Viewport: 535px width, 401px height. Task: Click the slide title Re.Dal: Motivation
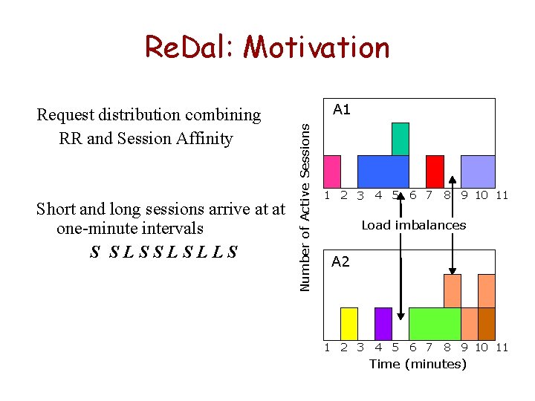(267, 48)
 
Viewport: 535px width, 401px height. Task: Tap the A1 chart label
(342, 110)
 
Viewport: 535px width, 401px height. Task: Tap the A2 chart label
(340, 261)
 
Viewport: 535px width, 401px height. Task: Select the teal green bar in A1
(401, 139)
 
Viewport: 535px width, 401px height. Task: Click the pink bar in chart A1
(332, 171)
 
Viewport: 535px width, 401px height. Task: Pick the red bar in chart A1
(435, 171)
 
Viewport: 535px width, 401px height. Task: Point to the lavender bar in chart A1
(478, 171)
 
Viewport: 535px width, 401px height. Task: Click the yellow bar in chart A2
(349, 323)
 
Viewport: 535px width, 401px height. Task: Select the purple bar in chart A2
(383, 323)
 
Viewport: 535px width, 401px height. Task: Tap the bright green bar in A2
(435, 323)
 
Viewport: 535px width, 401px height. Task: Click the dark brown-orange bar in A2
(487, 323)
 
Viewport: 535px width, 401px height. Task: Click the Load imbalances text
(414, 225)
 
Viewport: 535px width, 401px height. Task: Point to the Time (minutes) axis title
(418, 364)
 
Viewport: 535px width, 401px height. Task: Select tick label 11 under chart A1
(502, 196)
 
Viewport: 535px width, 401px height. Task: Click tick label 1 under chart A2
(327, 348)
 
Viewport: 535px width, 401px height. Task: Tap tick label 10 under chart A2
(481, 348)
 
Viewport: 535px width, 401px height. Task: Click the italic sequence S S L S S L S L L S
(163, 252)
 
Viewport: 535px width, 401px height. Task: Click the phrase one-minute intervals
(130, 229)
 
